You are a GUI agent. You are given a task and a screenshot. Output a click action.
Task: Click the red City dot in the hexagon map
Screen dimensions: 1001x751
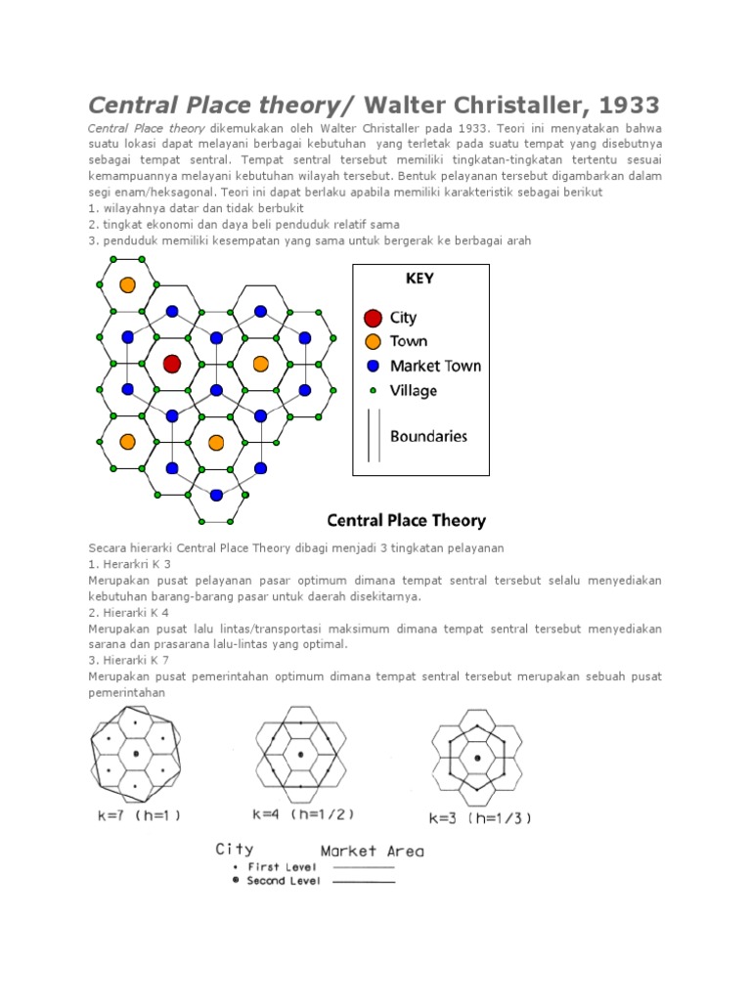pos(172,364)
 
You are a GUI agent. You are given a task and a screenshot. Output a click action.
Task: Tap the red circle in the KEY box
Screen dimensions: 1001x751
pos(373,318)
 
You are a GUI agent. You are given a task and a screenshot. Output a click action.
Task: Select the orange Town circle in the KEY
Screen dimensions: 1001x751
pos(373,342)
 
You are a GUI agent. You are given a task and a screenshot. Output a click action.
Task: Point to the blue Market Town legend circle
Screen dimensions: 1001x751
pos(373,367)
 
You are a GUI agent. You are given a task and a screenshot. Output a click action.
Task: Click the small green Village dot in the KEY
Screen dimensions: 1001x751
pos(373,390)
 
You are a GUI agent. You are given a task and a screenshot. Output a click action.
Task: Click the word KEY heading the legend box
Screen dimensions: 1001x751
pos(420,279)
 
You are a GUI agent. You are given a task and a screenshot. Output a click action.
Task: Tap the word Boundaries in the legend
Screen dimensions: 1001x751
pos(428,436)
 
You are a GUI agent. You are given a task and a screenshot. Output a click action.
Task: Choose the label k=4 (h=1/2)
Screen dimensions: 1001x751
pos(302,813)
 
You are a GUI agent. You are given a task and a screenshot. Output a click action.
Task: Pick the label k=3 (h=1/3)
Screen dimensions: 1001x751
pos(480,817)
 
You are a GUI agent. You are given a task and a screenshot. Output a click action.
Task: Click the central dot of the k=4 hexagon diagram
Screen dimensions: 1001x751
pos(300,755)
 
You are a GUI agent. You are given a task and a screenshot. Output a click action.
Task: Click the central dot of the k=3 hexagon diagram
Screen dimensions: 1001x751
pos(477,758)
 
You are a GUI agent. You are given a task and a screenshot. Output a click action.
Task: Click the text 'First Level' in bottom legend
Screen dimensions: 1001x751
pos(278,866)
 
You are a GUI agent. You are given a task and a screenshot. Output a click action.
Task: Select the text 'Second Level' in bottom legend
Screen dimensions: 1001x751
pos(281,881)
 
